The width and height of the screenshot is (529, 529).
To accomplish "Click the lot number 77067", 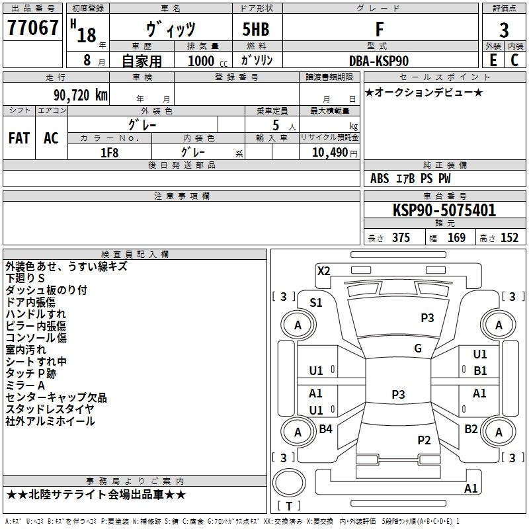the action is click(32, 28).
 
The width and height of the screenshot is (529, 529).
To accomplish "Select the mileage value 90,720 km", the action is click(81, 95).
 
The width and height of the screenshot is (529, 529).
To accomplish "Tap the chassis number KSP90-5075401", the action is click(444, 210).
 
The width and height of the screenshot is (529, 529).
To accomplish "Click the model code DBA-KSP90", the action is click(379, 61).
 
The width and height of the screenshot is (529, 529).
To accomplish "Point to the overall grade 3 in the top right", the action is click(504, 30).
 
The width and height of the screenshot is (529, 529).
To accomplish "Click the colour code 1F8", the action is click(110, 153).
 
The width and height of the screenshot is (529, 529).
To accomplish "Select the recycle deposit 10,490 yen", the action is click(335, 153).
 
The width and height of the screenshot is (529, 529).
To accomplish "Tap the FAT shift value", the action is click(19, 138).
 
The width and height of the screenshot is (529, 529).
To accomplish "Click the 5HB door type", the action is click(256, 29).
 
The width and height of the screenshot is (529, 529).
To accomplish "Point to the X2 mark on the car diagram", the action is click(324, 270).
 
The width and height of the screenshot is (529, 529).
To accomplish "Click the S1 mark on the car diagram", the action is click(316, 303).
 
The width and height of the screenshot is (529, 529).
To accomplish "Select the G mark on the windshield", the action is click(418, 348).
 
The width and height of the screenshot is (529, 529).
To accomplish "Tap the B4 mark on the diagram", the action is click(325, 428).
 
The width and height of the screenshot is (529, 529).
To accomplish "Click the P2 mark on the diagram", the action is click(424, 440).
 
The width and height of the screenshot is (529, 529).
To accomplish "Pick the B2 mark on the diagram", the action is click(471, 428).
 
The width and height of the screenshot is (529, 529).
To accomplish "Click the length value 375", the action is click(401, 237).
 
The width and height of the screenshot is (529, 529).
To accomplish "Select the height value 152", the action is click(509, 237).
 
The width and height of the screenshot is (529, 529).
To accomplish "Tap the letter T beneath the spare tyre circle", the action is click(289, 506).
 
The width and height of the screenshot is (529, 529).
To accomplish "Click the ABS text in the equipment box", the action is click(380, 178).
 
